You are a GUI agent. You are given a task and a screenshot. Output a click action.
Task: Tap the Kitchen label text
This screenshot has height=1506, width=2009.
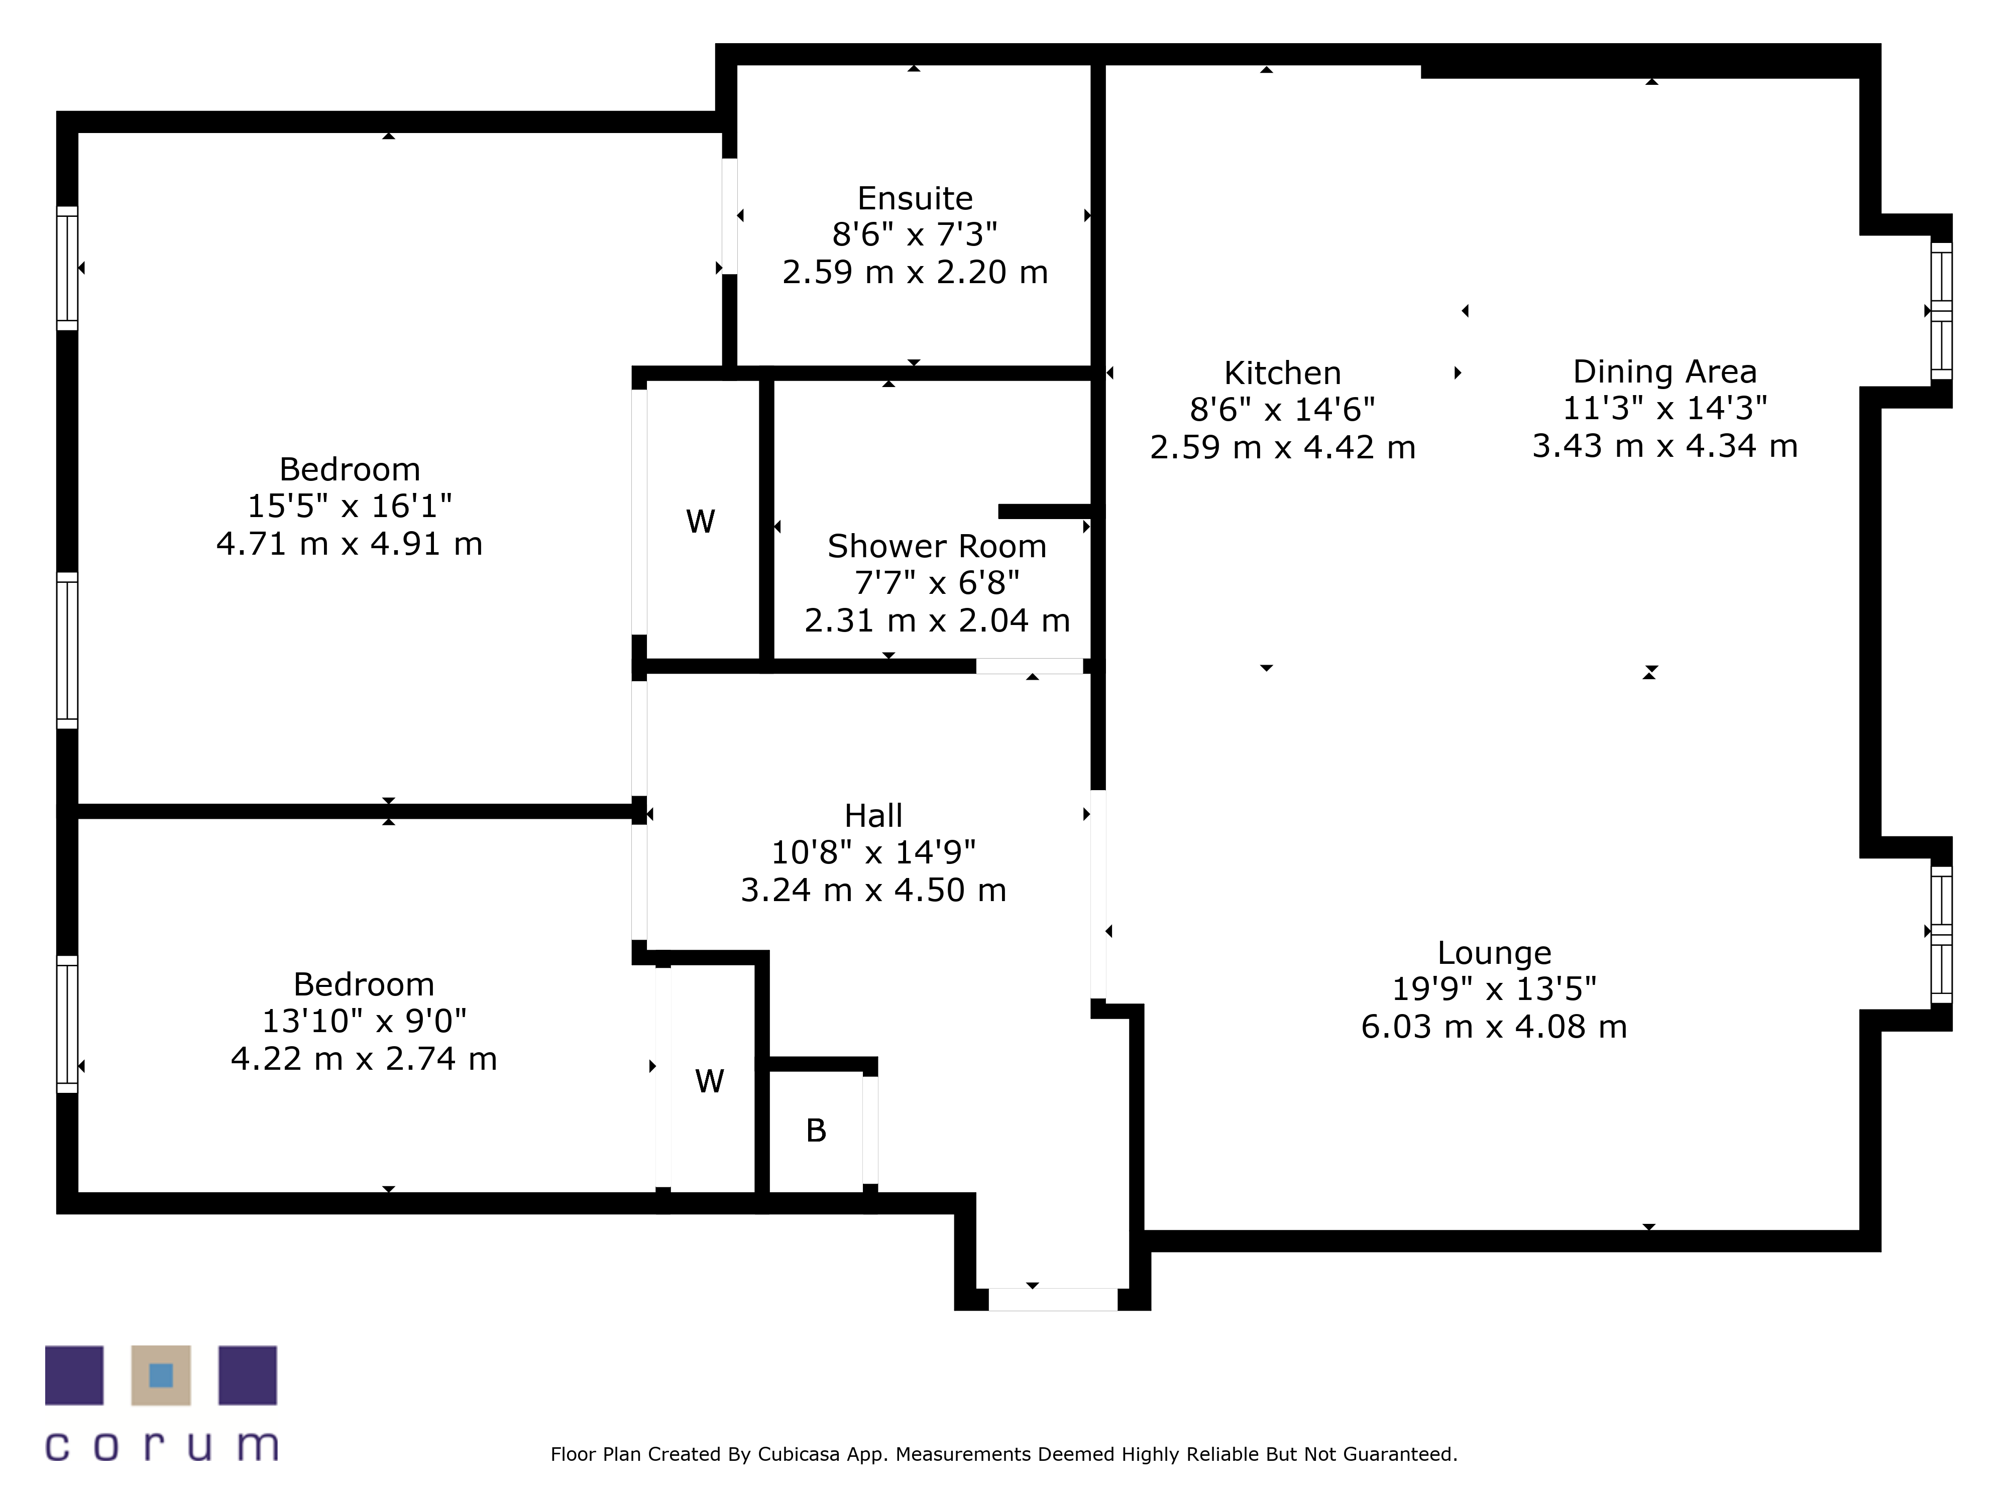pos(1282,373)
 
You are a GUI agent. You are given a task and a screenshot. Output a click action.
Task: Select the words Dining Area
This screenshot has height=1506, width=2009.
pos(1665,371)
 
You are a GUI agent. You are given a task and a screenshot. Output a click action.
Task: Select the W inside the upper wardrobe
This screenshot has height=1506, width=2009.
pos(700,521)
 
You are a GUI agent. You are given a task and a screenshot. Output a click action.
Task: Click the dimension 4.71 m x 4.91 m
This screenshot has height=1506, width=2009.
pos(350,544)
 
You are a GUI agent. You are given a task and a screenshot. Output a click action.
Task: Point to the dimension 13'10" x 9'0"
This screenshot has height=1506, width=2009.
pos(364,1021)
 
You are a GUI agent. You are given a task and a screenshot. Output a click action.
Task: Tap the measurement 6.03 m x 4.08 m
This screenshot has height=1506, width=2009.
pos(1494,1027)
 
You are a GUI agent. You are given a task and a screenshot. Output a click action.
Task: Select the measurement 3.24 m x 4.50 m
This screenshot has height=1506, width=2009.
pos(874,891)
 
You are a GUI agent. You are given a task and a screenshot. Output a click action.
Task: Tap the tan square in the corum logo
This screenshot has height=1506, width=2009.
pos(161,1375)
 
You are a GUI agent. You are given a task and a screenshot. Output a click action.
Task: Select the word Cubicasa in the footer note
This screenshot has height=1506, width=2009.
pos(799,1454)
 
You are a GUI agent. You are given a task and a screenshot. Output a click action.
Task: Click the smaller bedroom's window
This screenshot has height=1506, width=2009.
pos(67,1024)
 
